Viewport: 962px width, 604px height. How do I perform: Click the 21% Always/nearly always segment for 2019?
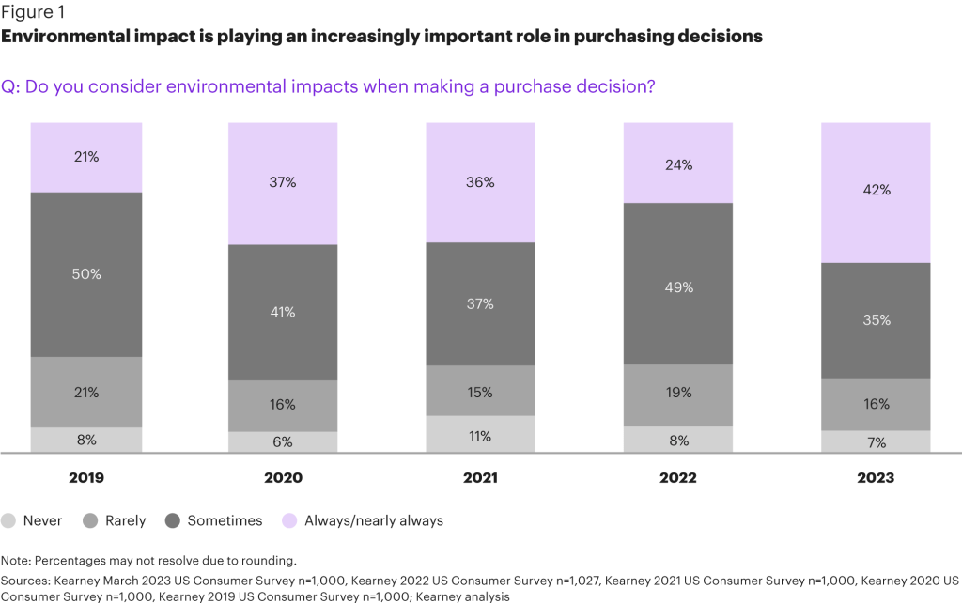(x=86, y=157)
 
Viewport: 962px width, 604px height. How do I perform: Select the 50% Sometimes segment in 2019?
(x=86, y=274)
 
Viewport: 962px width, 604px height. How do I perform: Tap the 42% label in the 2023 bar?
(x=876, y=190)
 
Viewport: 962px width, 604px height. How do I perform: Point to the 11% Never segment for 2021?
(x=481, y=436)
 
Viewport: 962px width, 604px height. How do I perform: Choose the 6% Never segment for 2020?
(x=283, y=442)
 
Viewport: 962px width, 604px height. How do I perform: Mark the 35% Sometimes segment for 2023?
(x=876, y=320)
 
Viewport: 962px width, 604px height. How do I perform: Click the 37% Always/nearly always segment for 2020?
(x=283, y=183)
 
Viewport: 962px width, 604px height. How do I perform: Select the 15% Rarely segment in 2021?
(x=481, y=391)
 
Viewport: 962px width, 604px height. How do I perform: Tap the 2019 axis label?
(x=86, y=478)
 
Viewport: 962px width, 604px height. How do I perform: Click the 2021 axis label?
(x=481, y=478)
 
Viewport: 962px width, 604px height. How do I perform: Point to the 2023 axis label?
(x=876, y=478)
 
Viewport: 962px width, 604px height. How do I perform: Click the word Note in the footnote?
(x=16, y=561)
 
